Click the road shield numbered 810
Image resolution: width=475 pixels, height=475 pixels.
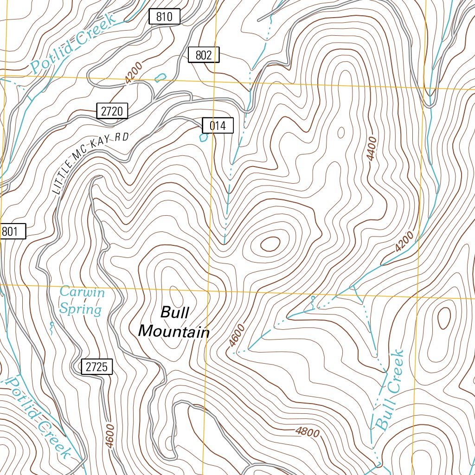coord(164,17)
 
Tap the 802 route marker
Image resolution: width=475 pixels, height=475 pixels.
coord(204,55)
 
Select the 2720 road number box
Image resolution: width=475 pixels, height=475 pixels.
coord(112,111)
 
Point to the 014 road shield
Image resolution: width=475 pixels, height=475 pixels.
coord(217,125)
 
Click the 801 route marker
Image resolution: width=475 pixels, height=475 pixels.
coord(12,231)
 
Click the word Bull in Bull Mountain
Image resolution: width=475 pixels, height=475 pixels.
coord(174,313)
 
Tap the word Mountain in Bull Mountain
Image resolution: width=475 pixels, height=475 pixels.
coord(174,332)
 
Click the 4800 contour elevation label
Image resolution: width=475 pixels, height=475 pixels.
coord(308,432)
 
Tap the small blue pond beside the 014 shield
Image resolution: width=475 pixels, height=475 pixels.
coord(203,137)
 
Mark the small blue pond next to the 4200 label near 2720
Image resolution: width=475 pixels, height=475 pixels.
coord(160,77)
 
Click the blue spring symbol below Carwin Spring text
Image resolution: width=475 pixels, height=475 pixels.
coord(51,328)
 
